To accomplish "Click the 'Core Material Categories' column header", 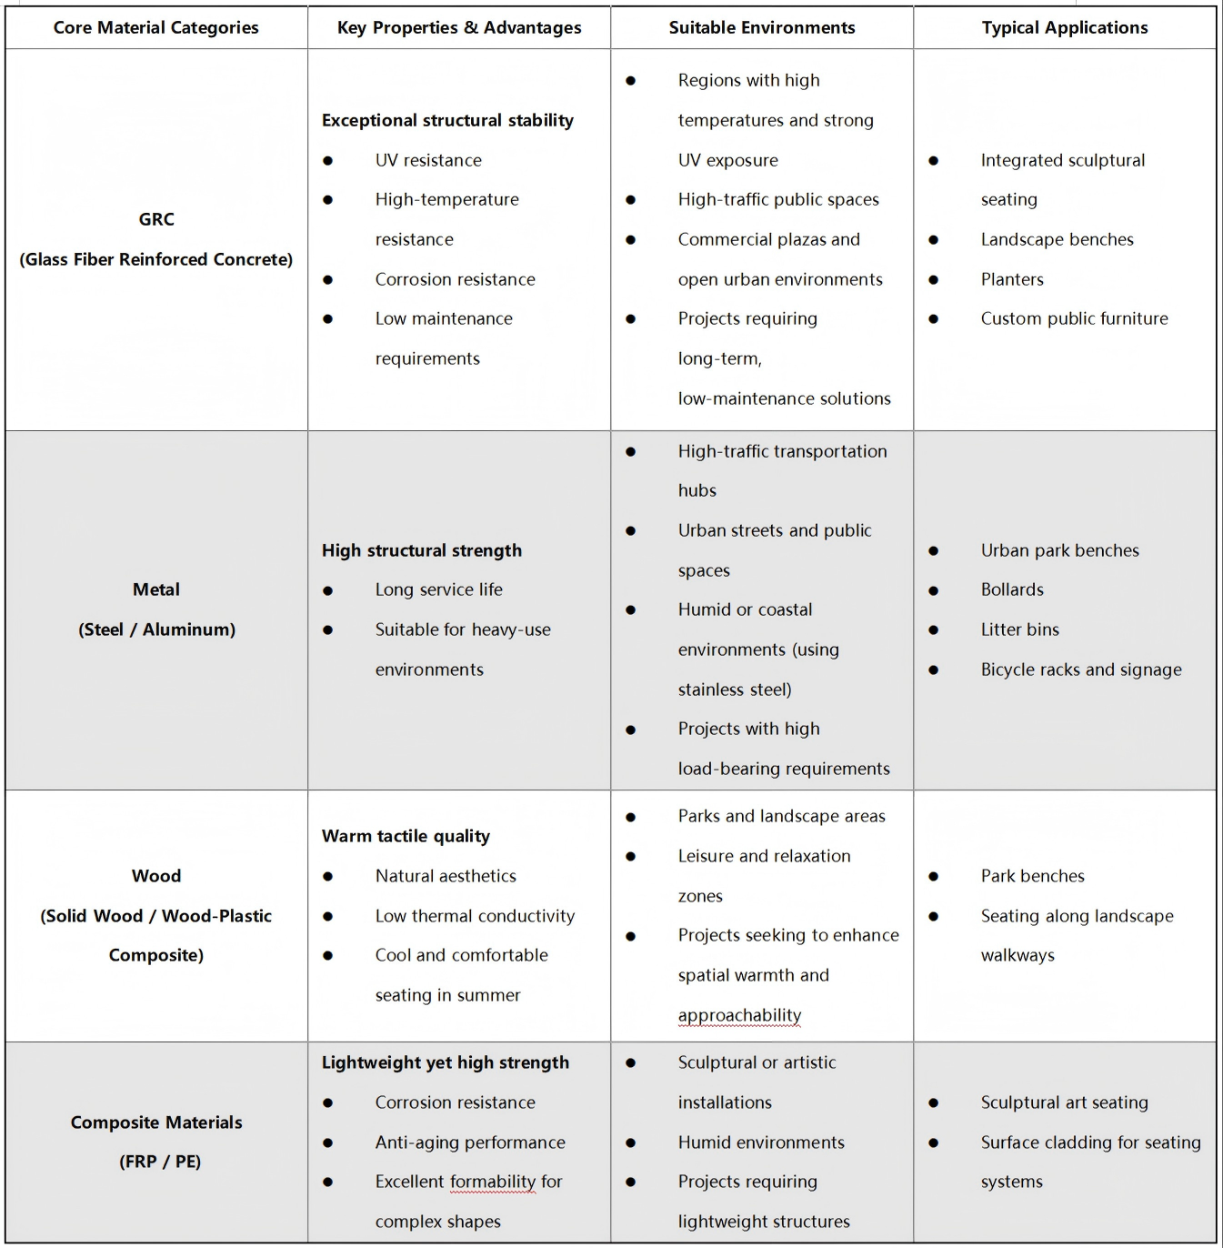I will pyautogui.click(x=155, y=28).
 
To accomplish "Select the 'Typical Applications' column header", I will pyautogui.click(x=1064, y=28).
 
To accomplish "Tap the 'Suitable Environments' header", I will pyautogui.click(x=761, y=28).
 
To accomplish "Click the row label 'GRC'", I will pyautogui.click(x=156, y=219).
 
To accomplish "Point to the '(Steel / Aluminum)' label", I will pyautogui.click(x=156, y=629).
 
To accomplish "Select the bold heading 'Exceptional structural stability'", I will pyautogui.click(x=447, y=120).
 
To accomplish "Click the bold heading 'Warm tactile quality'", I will pyautogui.click(x=406, y=836).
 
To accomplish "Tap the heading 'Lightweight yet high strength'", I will pyautogui.click(x=445, y=1062).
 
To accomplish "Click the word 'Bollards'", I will pyautogui.click(x=1011, y=589).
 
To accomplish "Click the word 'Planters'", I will pyautogui.click(x=1011, y=279).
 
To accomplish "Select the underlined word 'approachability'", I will pyautogui.click(x=739, y=1015).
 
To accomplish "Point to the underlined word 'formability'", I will pyautogui.click(x=492, y=1182).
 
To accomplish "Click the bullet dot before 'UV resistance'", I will pyautogui.click(x=327, y=161).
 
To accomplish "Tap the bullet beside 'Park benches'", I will pyautogui.click(x=933, y=877).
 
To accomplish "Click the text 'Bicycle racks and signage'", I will pyautogui.click(x=1080, y=669).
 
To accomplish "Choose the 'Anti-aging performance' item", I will pyautogui.click(x=469, y=1142).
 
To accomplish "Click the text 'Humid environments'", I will pyautogui.click(x=760, y=1142).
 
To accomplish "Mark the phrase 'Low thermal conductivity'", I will pyautogui.click(x=475, y=916).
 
